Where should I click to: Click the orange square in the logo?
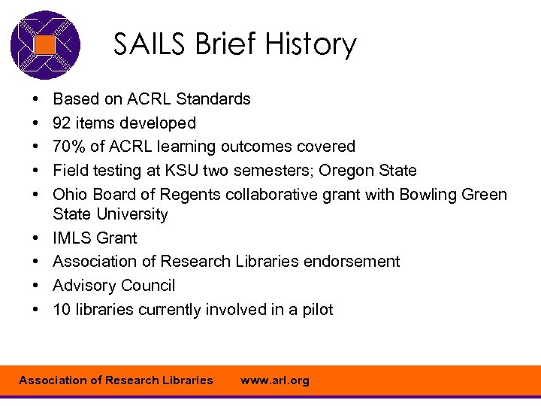coord(46,45)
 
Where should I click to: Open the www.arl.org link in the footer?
coord(274,380)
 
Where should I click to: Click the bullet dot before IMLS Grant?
coord(37,238)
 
